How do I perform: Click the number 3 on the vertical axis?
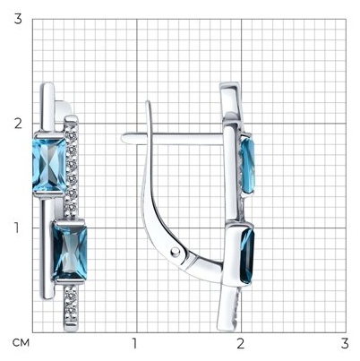[18, 20]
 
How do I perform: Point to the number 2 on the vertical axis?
[18, 124]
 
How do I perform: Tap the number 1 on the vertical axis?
[18, 228]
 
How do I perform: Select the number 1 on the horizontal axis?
[134, 343]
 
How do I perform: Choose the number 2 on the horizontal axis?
[241, 343]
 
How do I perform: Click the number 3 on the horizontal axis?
[345, 343]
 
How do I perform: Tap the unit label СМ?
[21, 343]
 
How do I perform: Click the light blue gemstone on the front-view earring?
[49, 165]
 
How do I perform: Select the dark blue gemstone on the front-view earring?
[70, 253]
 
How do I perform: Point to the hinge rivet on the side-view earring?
[176, 253]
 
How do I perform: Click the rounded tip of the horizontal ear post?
[123, 138]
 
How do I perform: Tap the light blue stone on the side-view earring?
[248, 165]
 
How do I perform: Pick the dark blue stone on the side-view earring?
[247, 254]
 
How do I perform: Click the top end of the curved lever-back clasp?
[149, 102]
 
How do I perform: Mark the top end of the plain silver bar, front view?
[47, 84]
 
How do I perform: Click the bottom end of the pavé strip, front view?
[71, 330]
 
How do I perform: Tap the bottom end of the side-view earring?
[226, 330]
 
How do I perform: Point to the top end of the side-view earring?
[229, 84]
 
